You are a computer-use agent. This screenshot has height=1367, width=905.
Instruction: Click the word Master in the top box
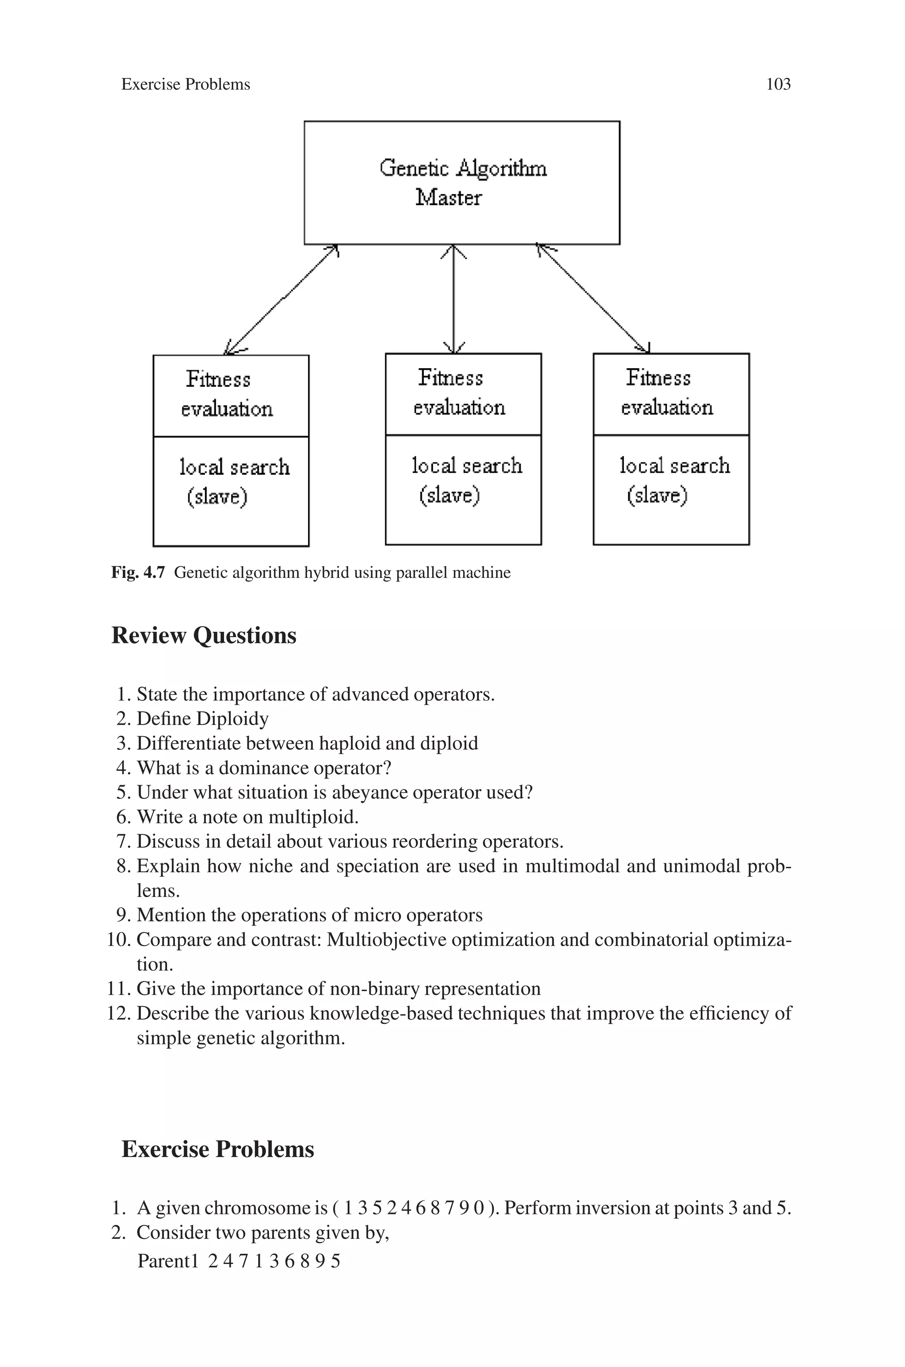(x=449, y=198)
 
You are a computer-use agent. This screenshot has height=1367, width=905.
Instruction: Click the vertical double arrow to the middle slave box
(x=454, y=299)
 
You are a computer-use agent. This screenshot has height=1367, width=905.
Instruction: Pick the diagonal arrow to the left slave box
(x=281, y=299)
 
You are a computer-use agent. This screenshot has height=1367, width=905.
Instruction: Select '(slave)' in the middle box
(x=449, y=495)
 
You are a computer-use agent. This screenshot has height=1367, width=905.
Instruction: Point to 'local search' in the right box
(x=675, y=466)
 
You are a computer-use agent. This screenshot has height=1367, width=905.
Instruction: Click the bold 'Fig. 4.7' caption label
(x=138, y=573)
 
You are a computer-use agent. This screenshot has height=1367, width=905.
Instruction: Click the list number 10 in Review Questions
(x=119, y=940)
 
